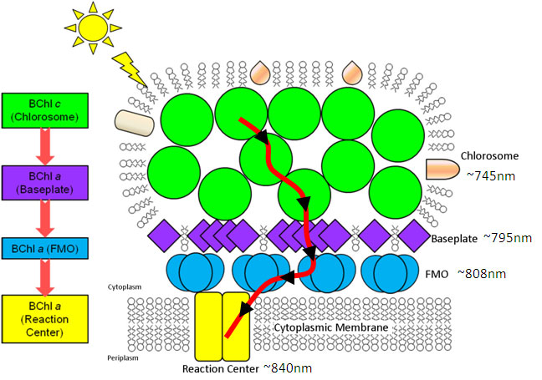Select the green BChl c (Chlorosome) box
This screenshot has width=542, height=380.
click(45, 110)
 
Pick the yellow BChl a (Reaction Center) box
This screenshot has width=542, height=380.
click(45, 316)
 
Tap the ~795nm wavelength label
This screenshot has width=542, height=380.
click(507, 238)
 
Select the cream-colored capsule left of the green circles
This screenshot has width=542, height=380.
click(133, 124)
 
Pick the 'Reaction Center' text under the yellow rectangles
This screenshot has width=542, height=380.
click(222, 367)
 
